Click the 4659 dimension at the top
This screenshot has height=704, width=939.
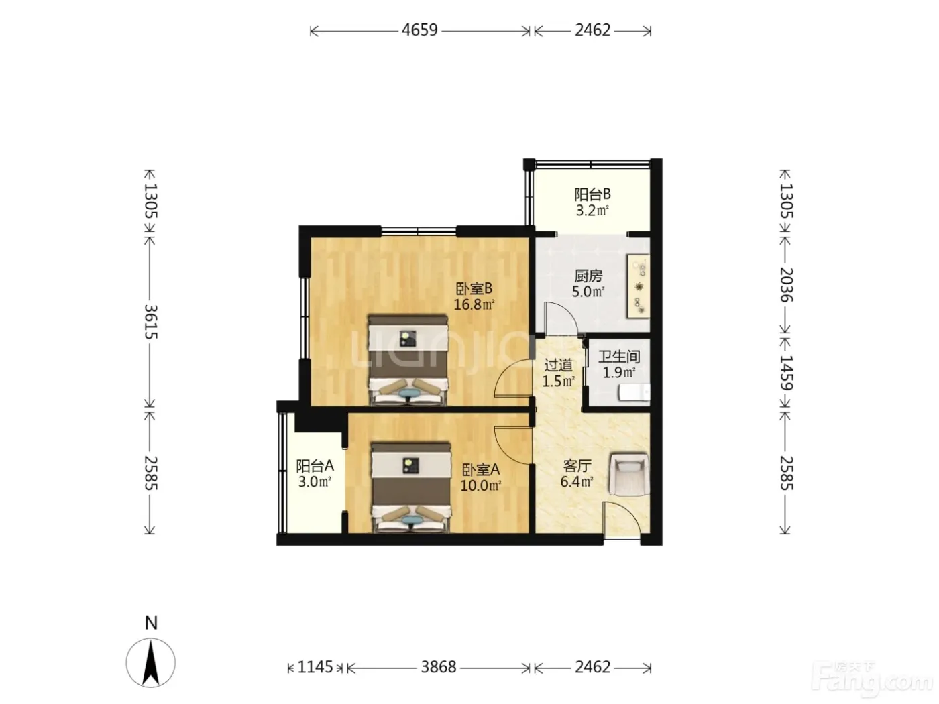(x=419, y=30)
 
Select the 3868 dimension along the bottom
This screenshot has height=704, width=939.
(x=438, y=667)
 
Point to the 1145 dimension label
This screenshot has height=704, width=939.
(x=315, y=667)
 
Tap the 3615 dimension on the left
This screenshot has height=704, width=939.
(x=150, y=321)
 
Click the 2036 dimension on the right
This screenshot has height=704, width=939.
(x=786, y=285)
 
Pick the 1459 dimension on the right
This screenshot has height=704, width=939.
(x=786, y=372)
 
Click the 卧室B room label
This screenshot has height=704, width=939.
(x=474, y=289)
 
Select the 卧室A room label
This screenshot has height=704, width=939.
(x=481, y=470)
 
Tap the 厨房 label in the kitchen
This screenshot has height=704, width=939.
(x=588, y=276)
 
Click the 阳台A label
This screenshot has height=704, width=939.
(x=315, y=465)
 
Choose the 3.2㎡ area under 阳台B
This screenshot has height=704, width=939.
(x=592, y=211)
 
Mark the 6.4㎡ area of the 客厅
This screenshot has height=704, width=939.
(x=577, y=481)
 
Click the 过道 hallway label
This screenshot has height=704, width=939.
(x=558, y=365)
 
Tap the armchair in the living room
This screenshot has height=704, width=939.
(x=630, y=475)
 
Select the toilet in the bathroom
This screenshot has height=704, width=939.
(x=634, y=392)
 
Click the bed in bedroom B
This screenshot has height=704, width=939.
(x=408, y=360)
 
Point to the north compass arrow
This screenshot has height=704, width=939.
(x=151, y=663)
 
